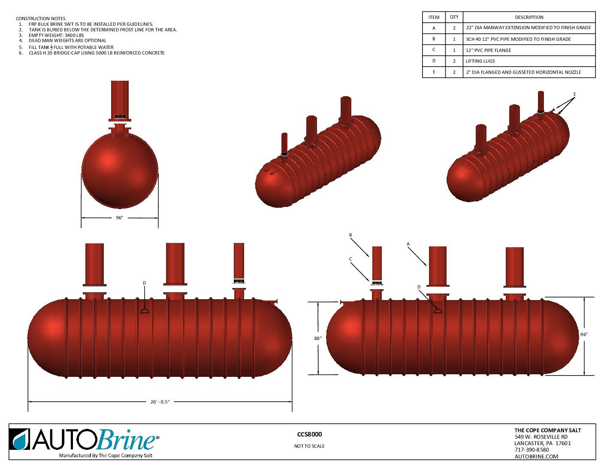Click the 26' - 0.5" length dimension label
pos(160,402)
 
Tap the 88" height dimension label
pos(317,338)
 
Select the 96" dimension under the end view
pos(119,218)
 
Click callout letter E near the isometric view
pos(574,94)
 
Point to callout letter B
pos(350,235)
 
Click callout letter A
pos(408,244)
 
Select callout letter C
pos(350,259)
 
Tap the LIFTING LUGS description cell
pos(480,61)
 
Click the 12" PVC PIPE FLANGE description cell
pos(488,50)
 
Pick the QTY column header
pos(454,17)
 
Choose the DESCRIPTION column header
pos(529,17)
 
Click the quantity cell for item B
pos(454,39)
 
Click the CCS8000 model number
pos(309,434)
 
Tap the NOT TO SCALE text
pos(309,446)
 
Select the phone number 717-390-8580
pos(532,450)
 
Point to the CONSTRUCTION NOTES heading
pos(41,18)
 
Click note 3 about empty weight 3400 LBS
pos(56,35)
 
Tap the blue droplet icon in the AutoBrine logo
pos(19,440)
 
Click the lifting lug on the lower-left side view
pos(145,310)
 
